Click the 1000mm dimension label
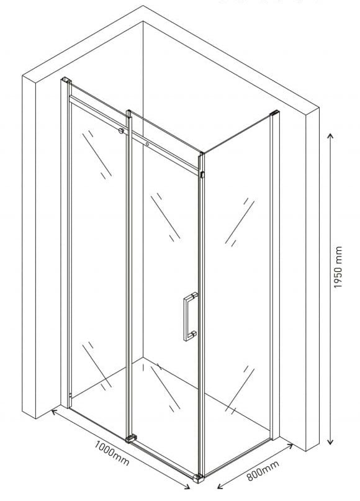pos(112,453)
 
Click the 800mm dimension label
pos(263,471)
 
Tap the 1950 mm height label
pos(338,267)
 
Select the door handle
pos(191,317)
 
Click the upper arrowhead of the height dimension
pos(331,136)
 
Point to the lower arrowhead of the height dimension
pos(331,441)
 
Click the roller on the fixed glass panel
pos(122,130)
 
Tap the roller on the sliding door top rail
pos(147,145)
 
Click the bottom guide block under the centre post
pos(131,438)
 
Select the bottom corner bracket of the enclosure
pos(199,478)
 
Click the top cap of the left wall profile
pos(66,80)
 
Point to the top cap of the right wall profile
pos(275,113)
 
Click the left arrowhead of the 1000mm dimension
pos(53,412)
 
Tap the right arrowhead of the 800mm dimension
pos(290,445)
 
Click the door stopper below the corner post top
pos(202,175)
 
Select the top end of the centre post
pos(128,112)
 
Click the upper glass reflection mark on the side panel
pos(240,222)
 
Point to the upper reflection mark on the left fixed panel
pos(97,155)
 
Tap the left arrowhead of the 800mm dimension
pos(220,486)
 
